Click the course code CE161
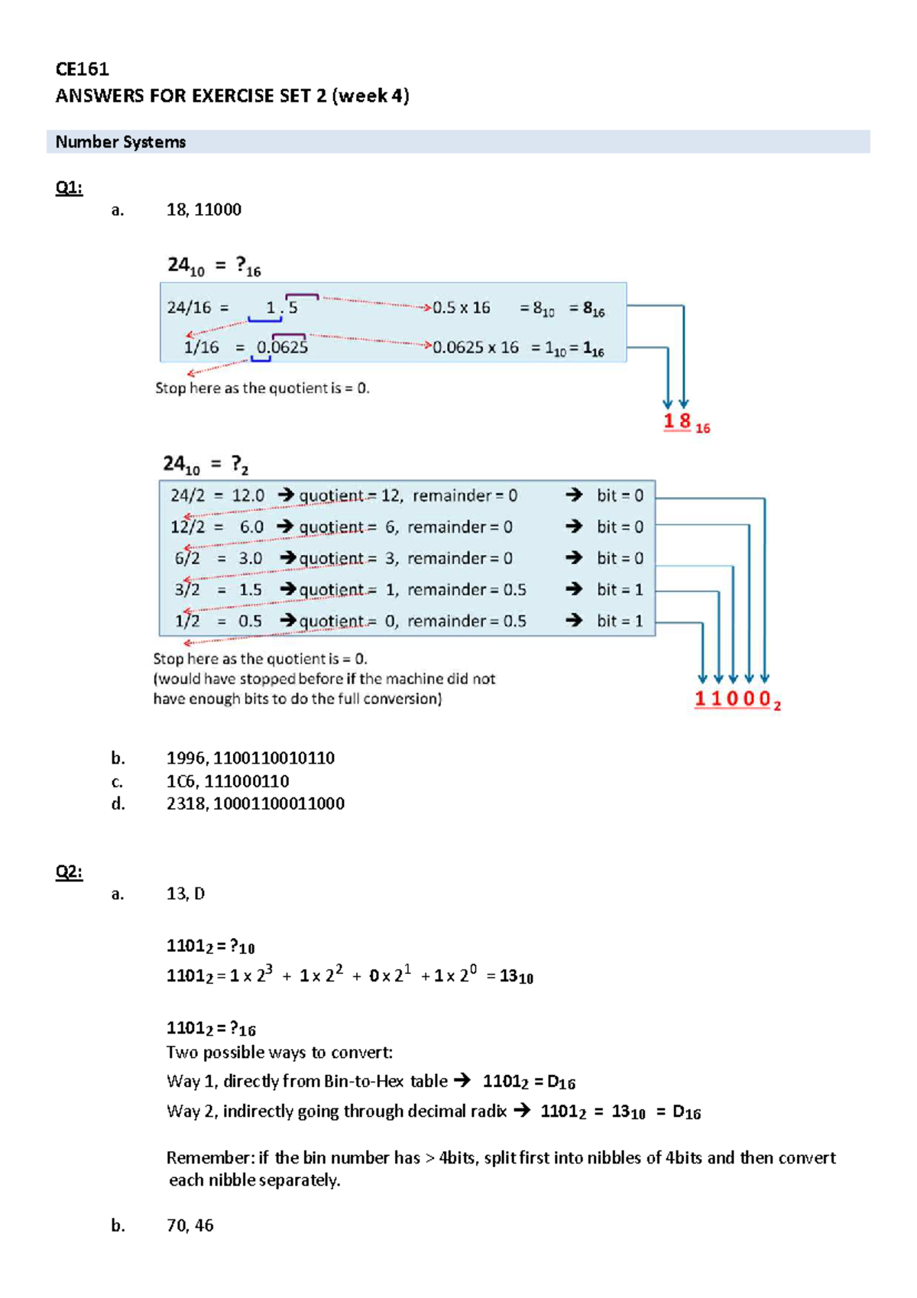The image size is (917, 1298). point(82,70)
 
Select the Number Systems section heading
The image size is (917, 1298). point(121,142)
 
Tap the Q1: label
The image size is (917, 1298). point(69,188)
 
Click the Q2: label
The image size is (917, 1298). point(69,872)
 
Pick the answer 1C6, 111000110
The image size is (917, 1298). point(228,781)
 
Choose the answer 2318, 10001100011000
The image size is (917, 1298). point(255,803)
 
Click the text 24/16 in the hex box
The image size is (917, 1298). point(189,308)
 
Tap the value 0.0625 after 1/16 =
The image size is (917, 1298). point(282,348)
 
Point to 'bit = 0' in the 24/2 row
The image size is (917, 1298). point(620,496)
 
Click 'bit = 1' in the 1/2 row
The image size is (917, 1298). point(620,621)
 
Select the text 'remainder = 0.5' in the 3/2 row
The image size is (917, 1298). point(466,590)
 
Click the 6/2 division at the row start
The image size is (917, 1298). point(187,559)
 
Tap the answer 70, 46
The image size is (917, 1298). point(190,1225)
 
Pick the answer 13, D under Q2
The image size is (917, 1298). point(186,894)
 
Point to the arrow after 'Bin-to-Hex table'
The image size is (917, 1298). point(462,1081)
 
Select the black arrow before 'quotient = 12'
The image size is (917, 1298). point(286,496)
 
